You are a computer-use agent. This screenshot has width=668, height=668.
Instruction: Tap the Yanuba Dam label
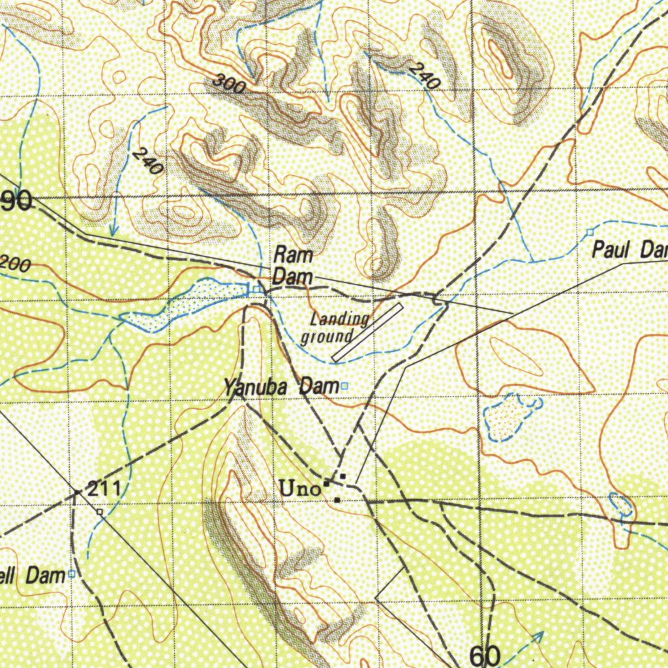(x=281, y=387)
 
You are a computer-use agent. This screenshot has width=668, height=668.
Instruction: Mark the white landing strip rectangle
(x=367, y=331)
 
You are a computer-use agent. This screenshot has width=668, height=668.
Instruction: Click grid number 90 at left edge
(x=16, y=201)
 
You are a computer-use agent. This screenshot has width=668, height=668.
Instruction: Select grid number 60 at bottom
(x=485, y=654)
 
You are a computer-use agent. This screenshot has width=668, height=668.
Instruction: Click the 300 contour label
(x=229, y=84)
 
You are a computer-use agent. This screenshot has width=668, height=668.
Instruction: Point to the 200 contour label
(x=14, y=265)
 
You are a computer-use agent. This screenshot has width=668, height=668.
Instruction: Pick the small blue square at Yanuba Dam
(x=344, y=386)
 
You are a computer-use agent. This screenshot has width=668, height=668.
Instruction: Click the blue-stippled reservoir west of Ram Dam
(x=189, y=301)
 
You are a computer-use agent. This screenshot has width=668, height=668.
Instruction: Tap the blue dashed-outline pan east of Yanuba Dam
(x=509, y=417)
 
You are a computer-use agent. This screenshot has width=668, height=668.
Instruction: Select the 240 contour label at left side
(x=147, y=161)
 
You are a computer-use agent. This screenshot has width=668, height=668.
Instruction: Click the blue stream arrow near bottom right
(x=538, y=637)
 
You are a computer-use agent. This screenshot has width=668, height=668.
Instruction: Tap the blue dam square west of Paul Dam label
(x=590, y=232)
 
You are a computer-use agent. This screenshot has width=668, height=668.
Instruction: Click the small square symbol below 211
(x=100, y=513)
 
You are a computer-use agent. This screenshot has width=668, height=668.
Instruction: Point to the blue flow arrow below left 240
(x=114, y=230)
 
